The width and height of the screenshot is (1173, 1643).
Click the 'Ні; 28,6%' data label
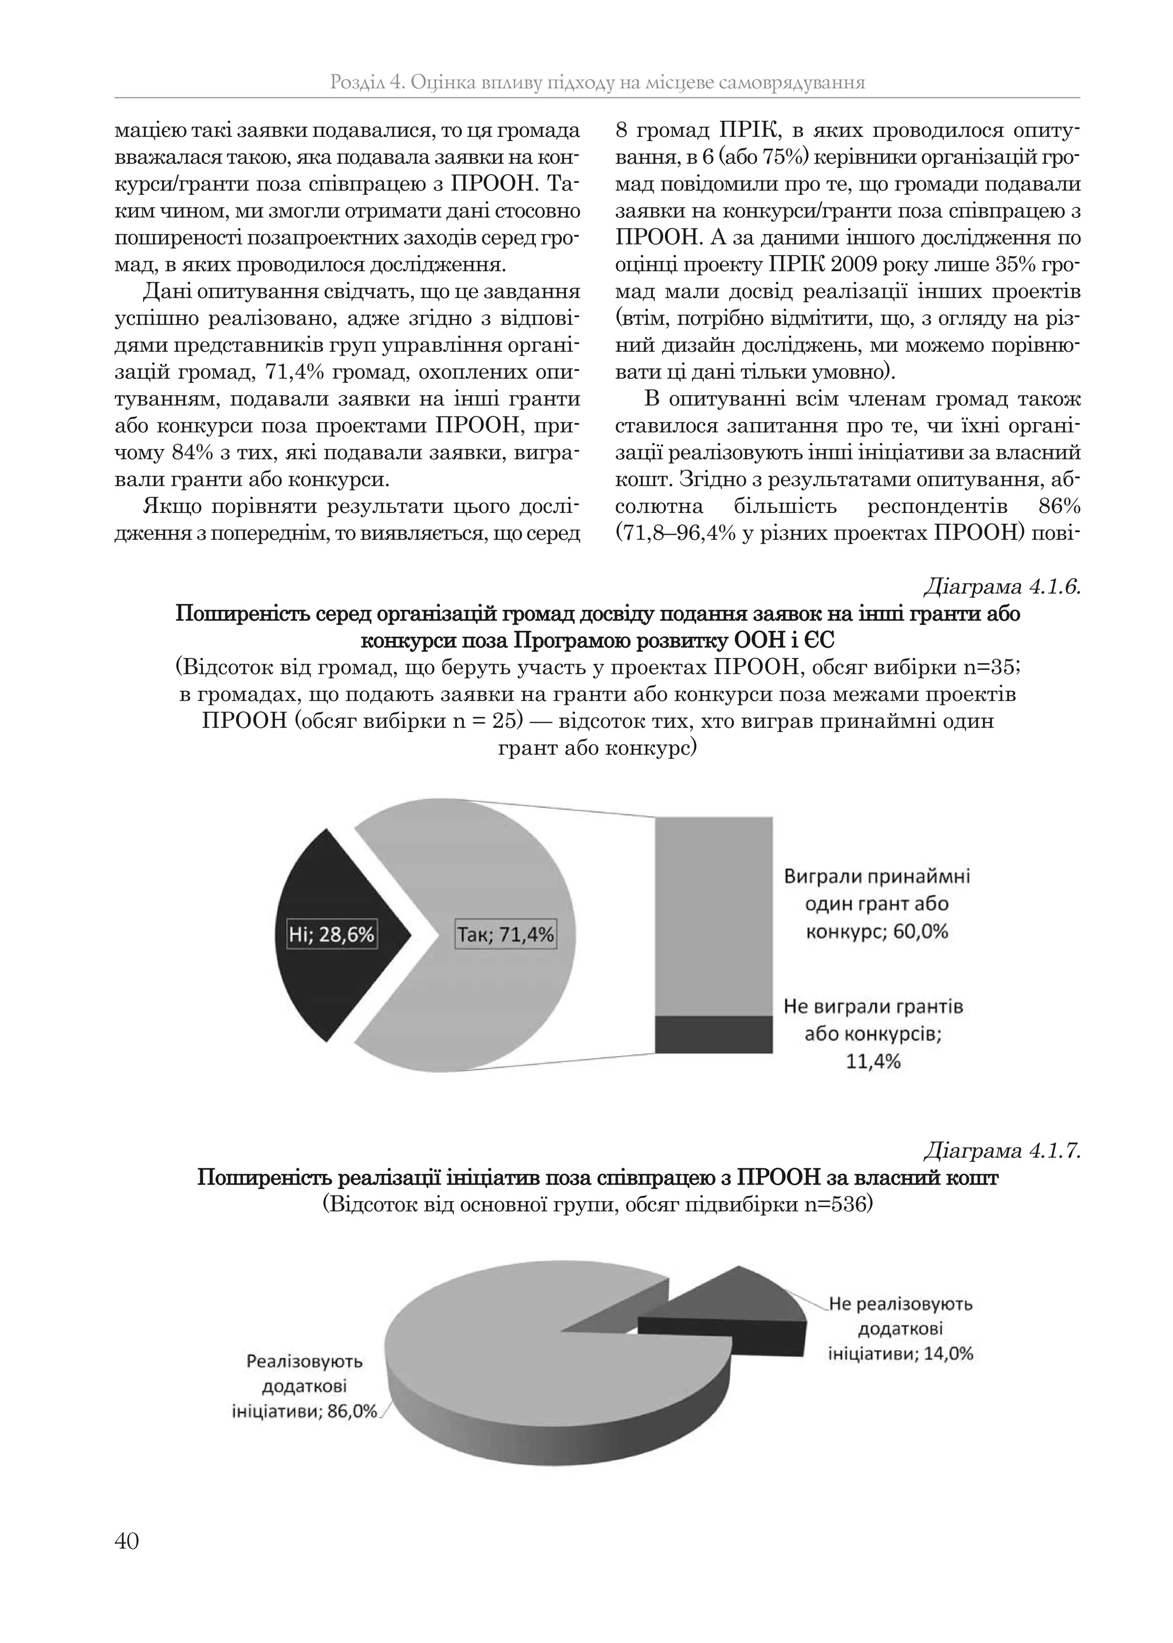coord(332,934)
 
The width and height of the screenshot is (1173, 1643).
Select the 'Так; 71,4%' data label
coord(506,934)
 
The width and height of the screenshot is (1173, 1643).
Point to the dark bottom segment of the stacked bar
coord(714,1034)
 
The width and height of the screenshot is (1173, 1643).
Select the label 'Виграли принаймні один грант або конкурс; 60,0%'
coord(877,904)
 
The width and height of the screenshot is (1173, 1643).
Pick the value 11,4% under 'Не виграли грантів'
coord(873,1061)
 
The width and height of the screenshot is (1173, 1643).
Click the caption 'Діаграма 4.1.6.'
coord(1002,587)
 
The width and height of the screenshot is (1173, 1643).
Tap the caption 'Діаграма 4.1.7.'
coord(1002,1150)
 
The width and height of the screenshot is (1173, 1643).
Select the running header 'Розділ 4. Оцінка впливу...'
coord(597,83)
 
